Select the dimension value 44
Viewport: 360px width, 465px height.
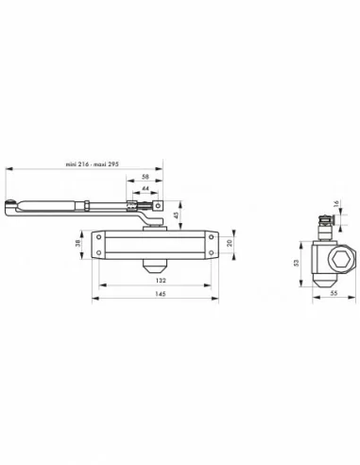click(145, 189)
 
